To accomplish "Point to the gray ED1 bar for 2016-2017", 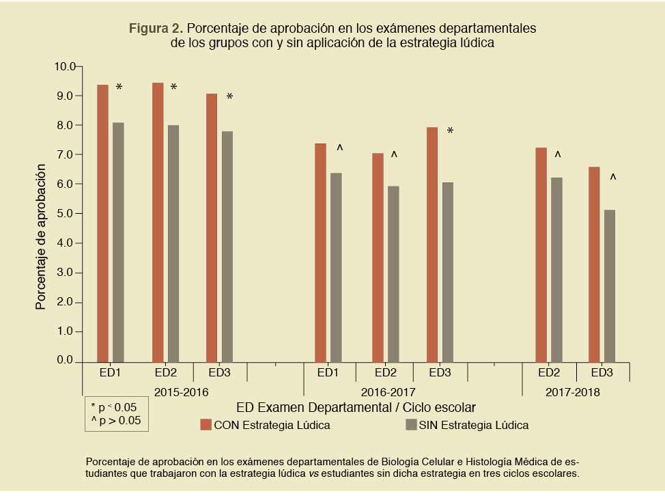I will tap(336, 267).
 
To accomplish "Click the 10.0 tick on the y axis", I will tap(66, 66).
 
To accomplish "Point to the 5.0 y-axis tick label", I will tap(66, 214).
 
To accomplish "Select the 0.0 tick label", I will tap(66, 361).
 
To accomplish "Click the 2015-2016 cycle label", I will tap(181, 392).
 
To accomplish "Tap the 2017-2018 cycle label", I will tap(572, 392).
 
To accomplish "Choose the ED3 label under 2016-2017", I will tap(440, 373).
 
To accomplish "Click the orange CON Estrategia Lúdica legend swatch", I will tap(206, 425).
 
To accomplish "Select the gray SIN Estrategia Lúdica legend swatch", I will tap(411, 425).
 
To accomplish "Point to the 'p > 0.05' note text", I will tap(115, 421).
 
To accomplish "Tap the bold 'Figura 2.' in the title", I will tap(156, 29).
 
